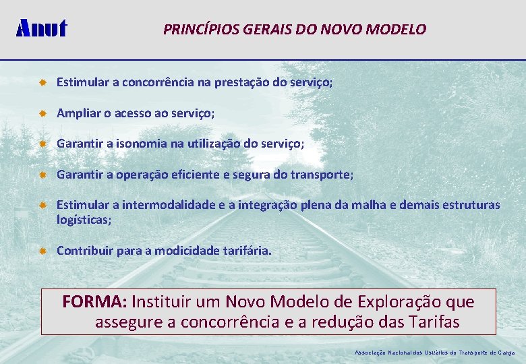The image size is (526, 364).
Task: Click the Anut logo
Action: [41, 28]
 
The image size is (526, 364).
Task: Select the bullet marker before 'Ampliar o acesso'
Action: [42, 114]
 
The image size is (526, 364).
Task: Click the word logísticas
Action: [84, 220]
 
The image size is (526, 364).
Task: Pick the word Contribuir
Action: [85, 251]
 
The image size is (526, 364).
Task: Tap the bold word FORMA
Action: [95, 301]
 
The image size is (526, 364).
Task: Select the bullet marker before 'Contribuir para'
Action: [42, 251]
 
